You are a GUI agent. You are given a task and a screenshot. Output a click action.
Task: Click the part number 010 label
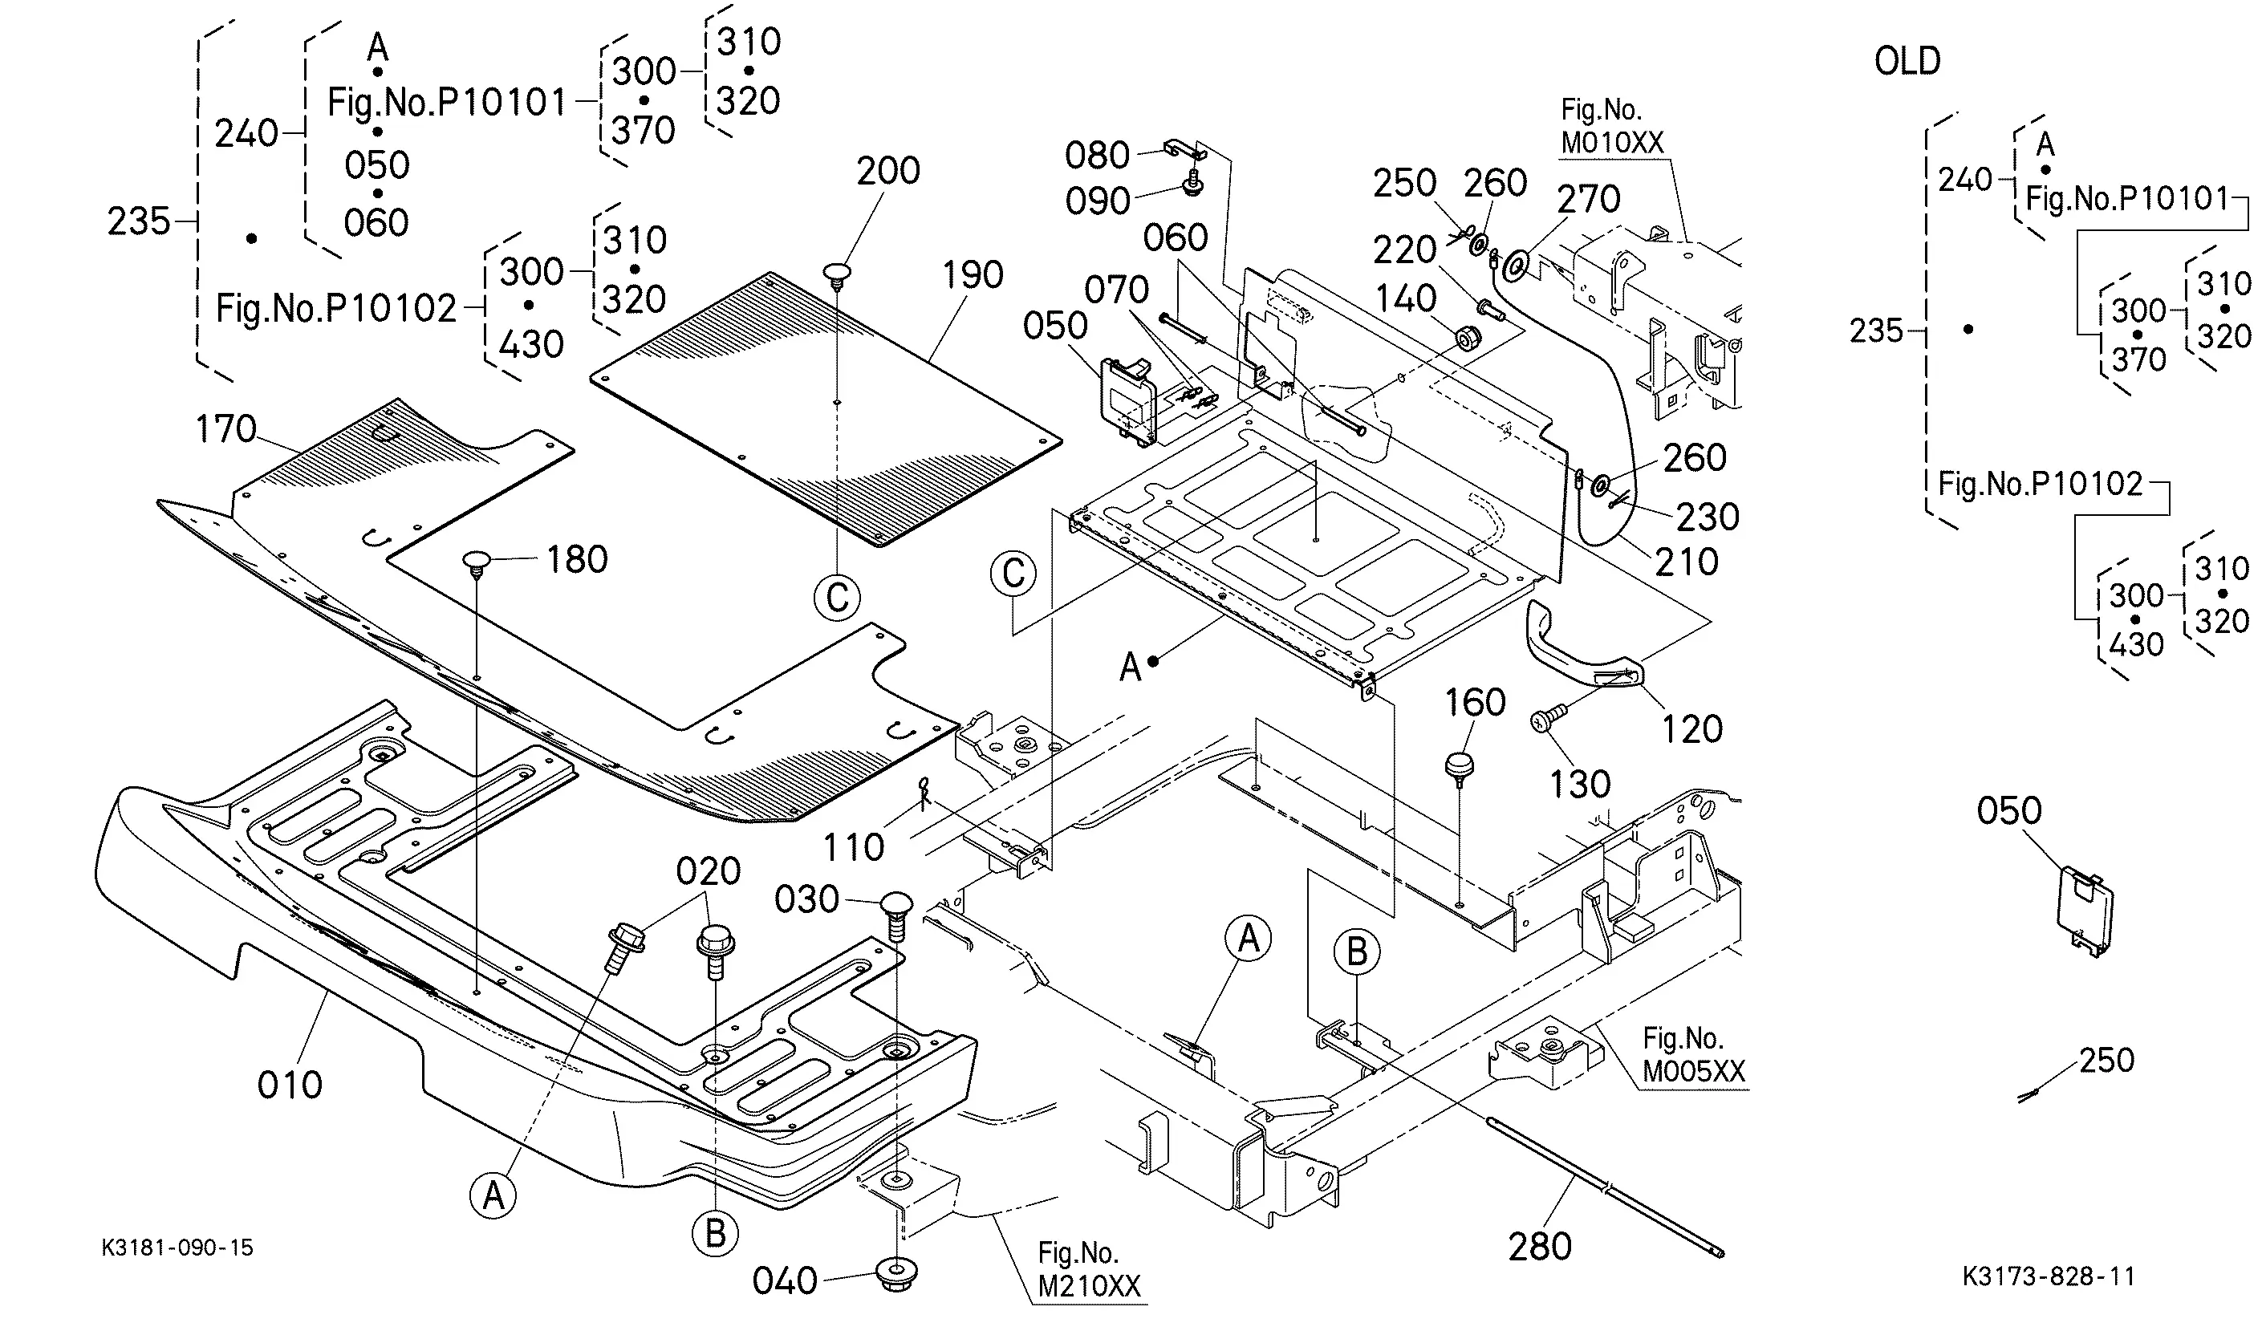(x=289, y=1085)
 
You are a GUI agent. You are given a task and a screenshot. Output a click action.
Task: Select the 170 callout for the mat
(x=225, y=429)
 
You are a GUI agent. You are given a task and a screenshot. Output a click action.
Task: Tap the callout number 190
(x=972, y=275)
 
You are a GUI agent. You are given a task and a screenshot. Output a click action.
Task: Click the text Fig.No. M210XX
(x=1088, y=1269)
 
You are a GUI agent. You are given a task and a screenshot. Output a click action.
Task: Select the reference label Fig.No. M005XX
(x=1692, y=1055)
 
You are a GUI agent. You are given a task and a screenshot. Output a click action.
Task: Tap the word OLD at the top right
(x=1907, y=61)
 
